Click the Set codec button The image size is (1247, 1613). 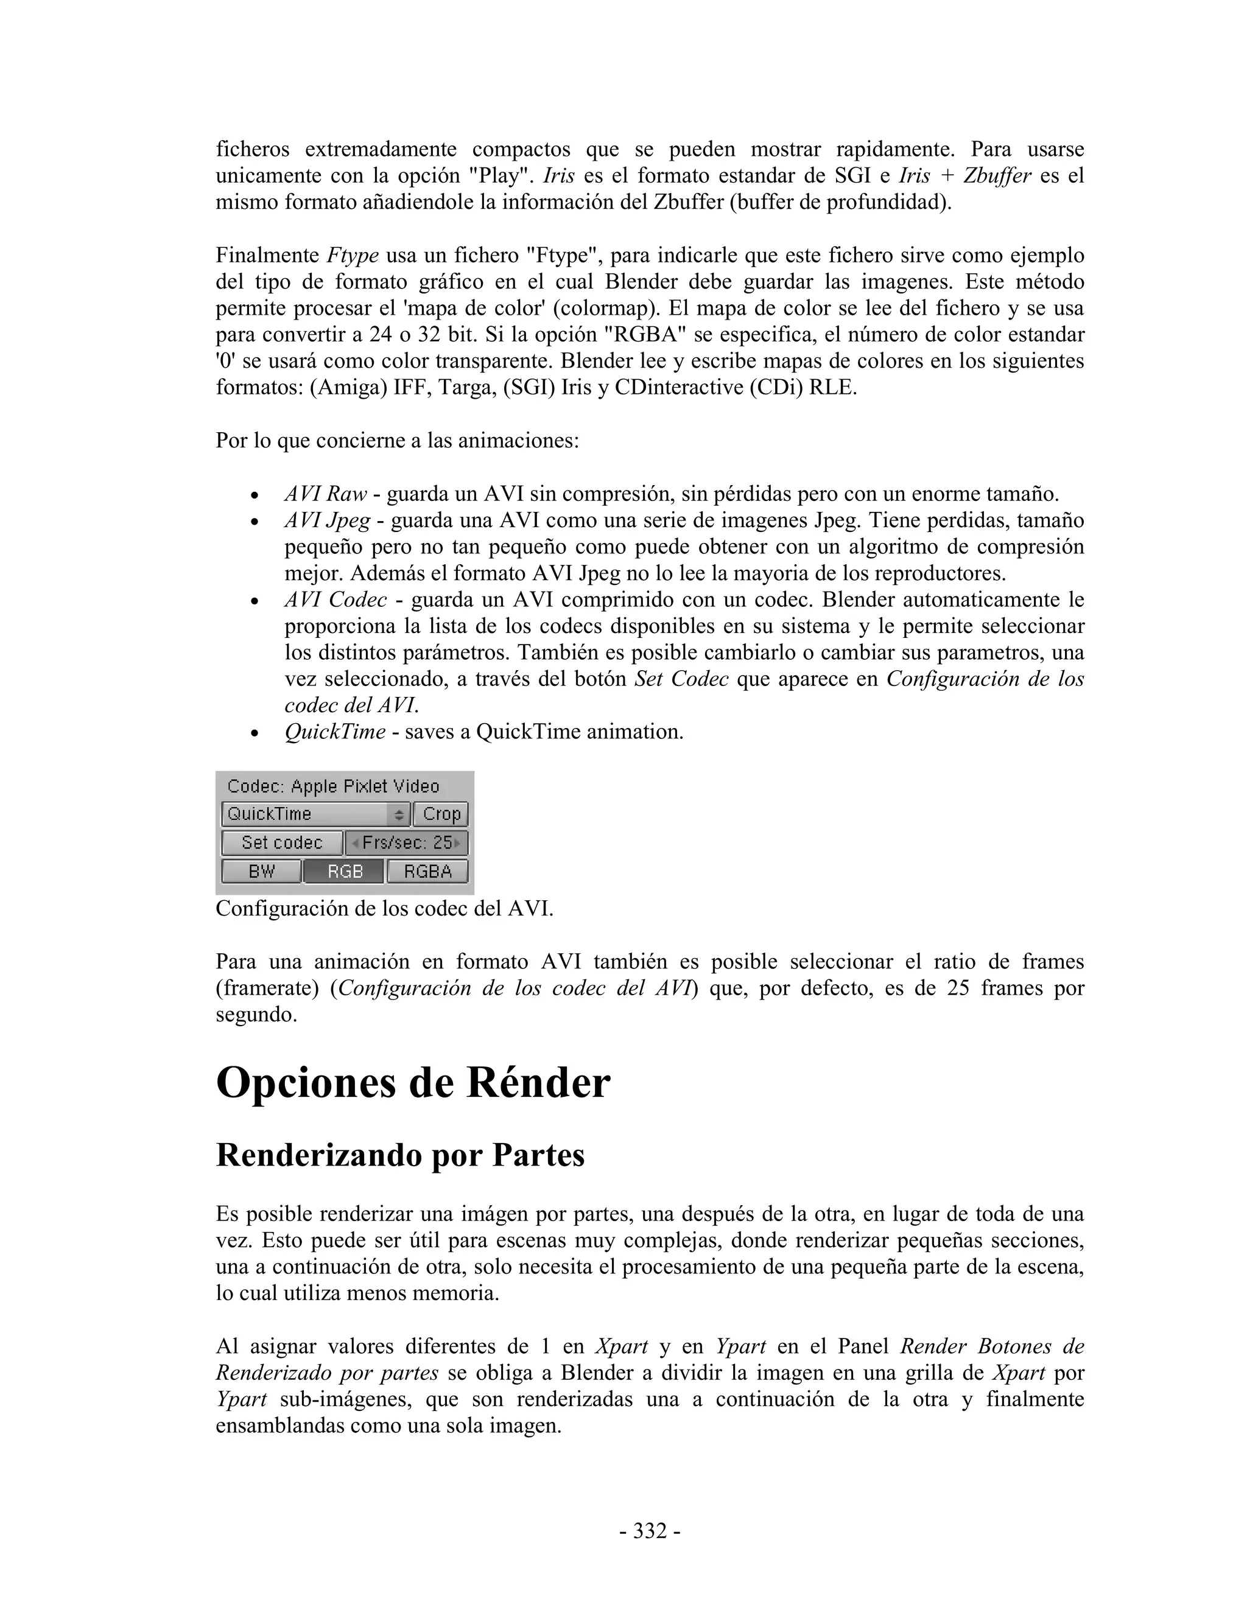pos(281,842)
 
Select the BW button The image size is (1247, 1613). pos(261,872)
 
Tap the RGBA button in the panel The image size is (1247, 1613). pos(427,872)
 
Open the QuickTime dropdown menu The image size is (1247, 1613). pos(316,814)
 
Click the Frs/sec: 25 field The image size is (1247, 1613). pos(407,842)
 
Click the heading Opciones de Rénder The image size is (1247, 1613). pos(413,1083)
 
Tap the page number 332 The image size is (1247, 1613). pos(649,1531)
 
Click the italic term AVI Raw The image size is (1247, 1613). pos(326,494)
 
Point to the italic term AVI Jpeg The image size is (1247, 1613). pos(327,520)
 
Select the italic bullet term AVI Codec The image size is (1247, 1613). pos(335,600)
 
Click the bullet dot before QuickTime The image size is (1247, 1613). pos(254,733)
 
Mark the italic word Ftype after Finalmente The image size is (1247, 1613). pos(353,256)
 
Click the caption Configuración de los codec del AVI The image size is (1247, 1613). pos(384,908)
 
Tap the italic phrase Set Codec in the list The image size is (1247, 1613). pos(681,679)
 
